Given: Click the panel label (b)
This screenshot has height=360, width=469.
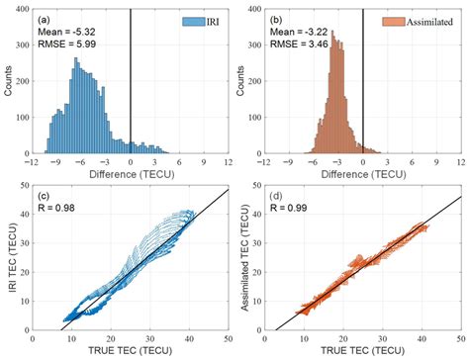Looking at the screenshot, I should pos(279,19).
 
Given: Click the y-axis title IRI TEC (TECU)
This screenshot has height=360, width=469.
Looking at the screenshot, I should pos(12,262).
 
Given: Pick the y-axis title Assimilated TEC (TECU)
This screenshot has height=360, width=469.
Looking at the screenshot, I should pos(244,262).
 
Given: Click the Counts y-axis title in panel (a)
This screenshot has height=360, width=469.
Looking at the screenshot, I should pos(12,86).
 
